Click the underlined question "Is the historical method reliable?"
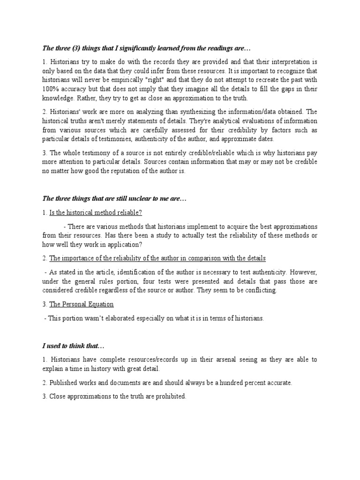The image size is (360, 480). pos(95,212)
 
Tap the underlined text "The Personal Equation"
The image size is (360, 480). pos(82,304)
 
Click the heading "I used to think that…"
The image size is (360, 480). pos(74,346)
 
